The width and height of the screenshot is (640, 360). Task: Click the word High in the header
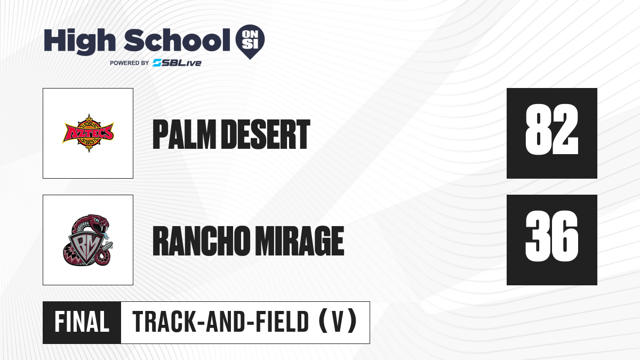point(79,41)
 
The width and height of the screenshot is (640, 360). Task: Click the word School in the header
point(177,40)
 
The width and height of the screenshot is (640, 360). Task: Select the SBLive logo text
point(177,63)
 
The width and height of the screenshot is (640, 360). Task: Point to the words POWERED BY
point(130,63)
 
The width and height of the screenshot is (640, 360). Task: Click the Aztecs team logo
point(89,133)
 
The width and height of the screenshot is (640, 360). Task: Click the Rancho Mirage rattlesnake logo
point(88,240)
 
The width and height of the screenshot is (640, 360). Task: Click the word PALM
point(184,134)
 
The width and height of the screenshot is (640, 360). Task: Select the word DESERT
point(266,134)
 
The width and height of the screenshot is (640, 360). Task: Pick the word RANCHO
point(202,241)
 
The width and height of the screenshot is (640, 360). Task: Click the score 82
point(551,129)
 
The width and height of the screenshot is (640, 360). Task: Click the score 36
point(551,236)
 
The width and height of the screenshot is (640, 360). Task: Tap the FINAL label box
point(82,322)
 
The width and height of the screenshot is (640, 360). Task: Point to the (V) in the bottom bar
point(338,322)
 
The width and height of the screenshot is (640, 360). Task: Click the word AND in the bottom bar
point(226,322)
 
